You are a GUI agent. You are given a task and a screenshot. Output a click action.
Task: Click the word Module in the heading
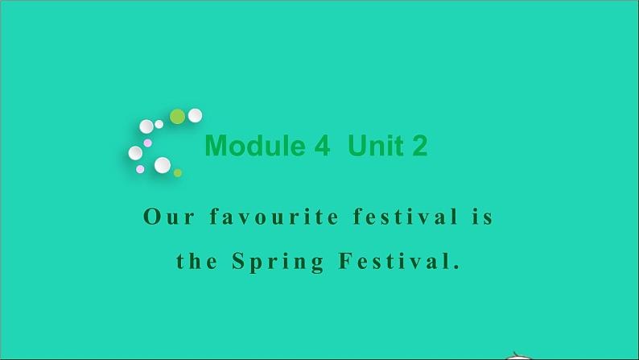click(x=255, y=146)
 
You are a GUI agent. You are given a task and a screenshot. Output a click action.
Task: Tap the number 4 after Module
click(x=322, y=146)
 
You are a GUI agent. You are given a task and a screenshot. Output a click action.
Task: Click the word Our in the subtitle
click(x=167, y=217)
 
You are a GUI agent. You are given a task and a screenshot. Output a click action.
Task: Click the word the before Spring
click(x=197, y=262)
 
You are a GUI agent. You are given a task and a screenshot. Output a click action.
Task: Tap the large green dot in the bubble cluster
click(x=177, y=117)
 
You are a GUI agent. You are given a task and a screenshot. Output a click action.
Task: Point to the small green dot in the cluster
click(x=178, y=172)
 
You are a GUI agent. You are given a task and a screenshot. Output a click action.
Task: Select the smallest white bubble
click(x=159, y=124)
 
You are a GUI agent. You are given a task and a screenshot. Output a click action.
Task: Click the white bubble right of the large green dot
click(x=195, y=115)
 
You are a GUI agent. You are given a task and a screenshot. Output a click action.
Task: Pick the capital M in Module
click(x=216, y=146)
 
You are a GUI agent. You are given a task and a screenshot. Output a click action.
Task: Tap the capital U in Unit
click(x=357, y=146)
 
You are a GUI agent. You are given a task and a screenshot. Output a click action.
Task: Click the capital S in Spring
click(x=238, y=262)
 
